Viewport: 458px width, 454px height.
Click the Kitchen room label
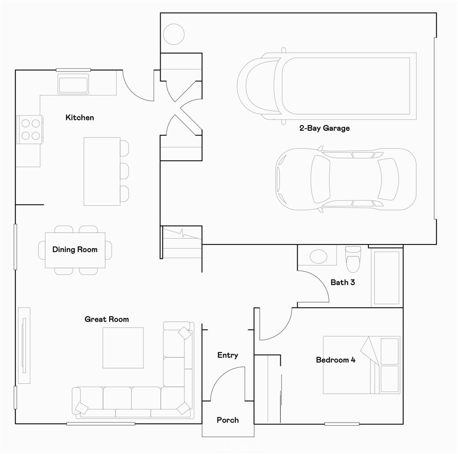tap(80, 118)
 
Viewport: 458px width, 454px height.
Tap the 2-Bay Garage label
tap(325, 128)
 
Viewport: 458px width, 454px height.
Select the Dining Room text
tap(75, 250)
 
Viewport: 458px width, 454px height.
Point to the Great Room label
tap(107, 320)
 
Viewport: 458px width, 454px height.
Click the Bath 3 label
tap(343, 283)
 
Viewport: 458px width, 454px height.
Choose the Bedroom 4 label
tap(335, 360)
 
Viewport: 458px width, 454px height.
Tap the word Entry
tap(228, 355)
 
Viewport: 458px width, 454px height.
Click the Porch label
tap(228, 420)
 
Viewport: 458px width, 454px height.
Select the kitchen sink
tap(73, 83)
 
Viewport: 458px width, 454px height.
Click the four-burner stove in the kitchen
tap(30, 129)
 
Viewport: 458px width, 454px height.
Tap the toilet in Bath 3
tap(353, 258)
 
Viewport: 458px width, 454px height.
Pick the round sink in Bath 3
tap(317, 256)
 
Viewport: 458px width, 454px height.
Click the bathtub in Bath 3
tap(386, 277)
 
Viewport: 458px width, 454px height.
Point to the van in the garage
tap(327, 85)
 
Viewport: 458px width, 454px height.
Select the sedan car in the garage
tap(346, 180)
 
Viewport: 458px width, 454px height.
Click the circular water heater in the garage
tap(174, 34)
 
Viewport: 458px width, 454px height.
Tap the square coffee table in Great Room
tap(123, 348)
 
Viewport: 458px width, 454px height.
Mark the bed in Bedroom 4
tap(361, 365)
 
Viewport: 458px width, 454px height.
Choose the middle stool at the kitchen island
tap(124, 170)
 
